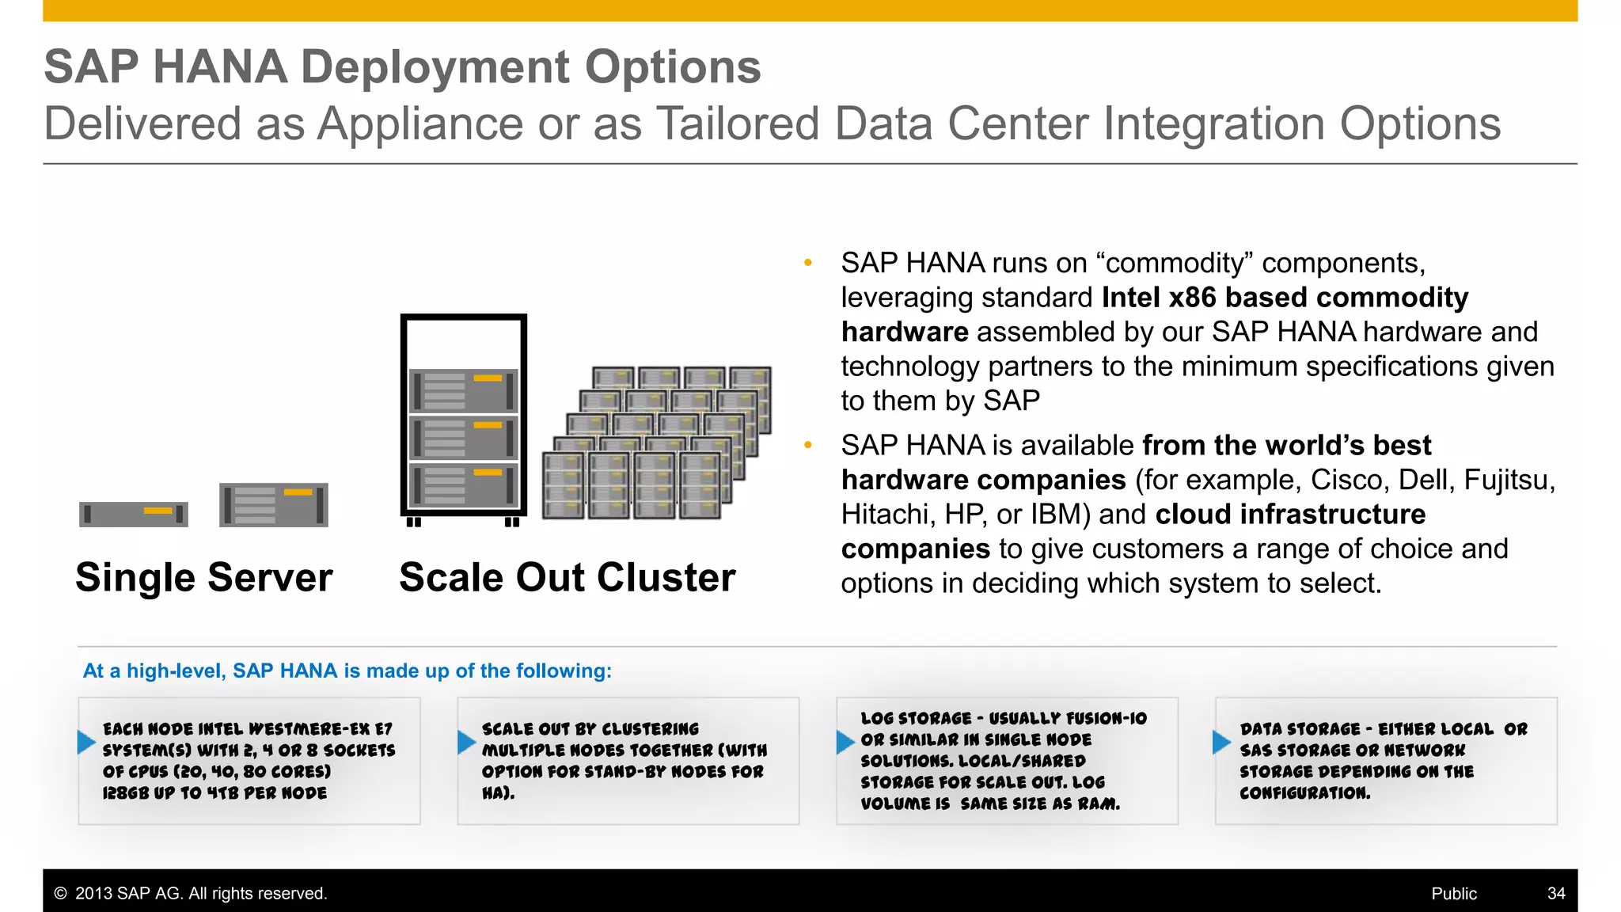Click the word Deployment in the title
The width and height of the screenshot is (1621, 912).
(x=435, y=66)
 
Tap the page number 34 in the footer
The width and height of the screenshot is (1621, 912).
(x=1555, y=893)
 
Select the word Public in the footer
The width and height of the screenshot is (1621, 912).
(x=1453, y=893)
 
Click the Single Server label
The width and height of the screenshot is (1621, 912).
(x=203, y=577)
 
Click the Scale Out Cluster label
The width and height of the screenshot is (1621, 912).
(x=567, y=577)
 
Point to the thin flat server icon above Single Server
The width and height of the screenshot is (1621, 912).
(x=134, y=514)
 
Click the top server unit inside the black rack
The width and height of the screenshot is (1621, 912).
(x=463, y=391)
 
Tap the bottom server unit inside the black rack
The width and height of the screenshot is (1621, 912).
(x=463, y=485)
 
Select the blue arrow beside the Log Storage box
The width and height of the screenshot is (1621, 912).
(x=845, y=742)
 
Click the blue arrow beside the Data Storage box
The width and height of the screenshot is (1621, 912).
(x=1221, y=742)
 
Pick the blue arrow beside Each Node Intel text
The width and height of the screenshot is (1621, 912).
(x=86, y=742)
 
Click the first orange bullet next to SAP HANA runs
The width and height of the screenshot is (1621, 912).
(x=807, y=263)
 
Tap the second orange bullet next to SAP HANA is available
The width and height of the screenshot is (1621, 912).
(x=807, y=445)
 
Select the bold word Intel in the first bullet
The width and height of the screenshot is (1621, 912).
(x=1130, y=298)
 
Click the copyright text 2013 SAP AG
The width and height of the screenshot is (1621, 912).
(x=190, y=893)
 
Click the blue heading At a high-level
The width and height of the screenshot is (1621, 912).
(x=347, y=671)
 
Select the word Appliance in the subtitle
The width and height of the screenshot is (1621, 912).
(x=420, y=124)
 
